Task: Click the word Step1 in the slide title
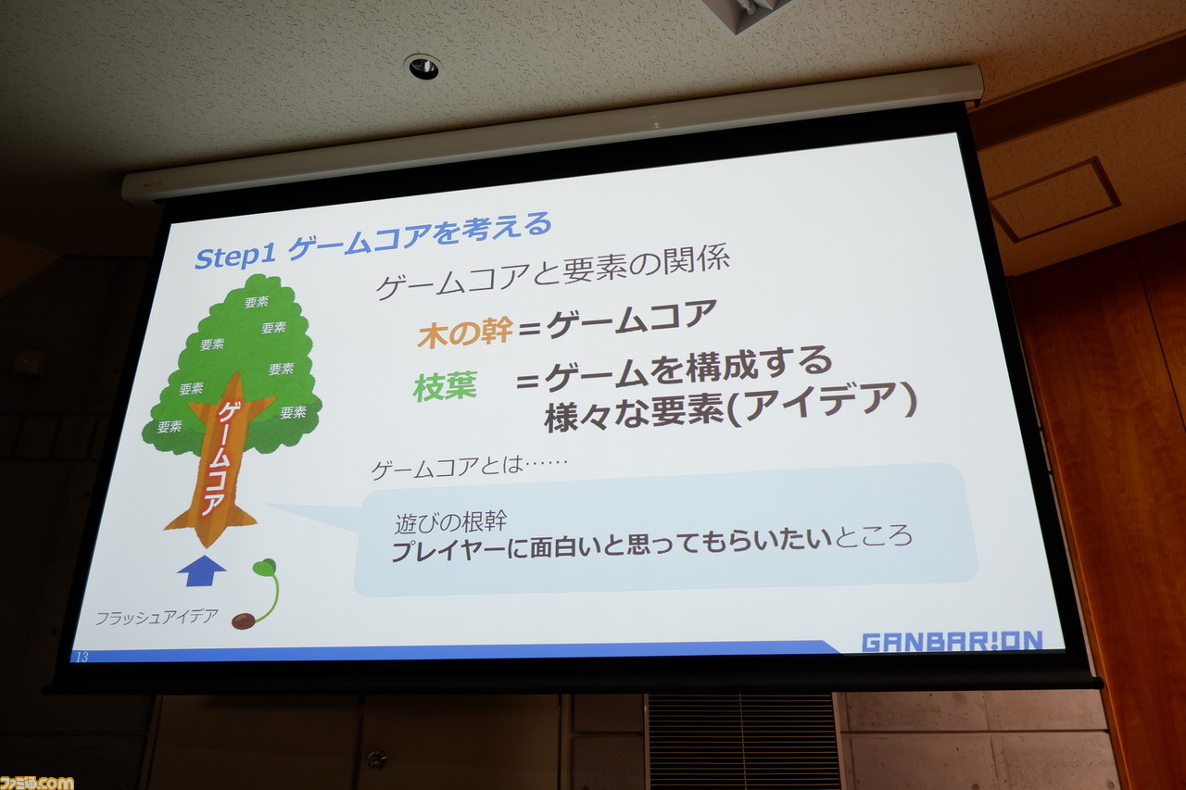coord(235,257)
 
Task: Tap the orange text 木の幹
coord(465,332)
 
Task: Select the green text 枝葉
coord(446,387)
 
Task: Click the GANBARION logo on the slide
coord(952,641)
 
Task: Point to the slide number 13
coord(82,657)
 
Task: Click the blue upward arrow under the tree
coord(201,571)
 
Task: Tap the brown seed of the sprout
coord(244,621)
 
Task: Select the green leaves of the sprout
coord(264,567)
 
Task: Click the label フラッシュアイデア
coord(157,617)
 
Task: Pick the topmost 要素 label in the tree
coord(257,302)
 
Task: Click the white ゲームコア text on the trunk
coord(222,458)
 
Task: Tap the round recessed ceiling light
coord(423,67)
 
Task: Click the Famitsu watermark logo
coord(36,783)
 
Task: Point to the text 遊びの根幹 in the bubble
coord(450,522)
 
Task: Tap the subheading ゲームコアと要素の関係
coord(552,273)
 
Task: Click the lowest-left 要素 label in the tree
coord(170,426)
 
